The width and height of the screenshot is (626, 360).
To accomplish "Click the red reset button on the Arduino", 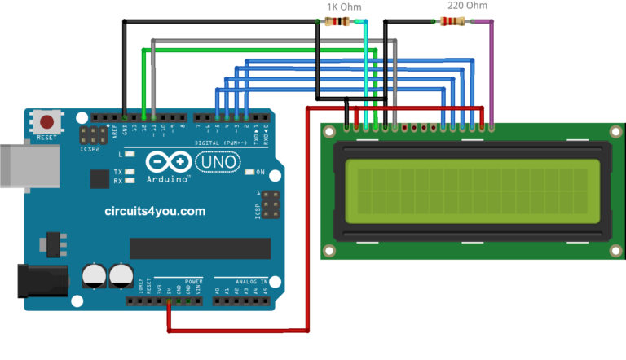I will (x=47, y=123).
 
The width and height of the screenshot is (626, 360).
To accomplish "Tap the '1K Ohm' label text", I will (x=343, y=7).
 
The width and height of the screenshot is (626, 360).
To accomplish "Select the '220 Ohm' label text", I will (x=467, y=6).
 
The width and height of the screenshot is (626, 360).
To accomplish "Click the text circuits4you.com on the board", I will (x=155, y=211).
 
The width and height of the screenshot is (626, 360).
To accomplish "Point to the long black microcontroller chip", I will (x=200, y=248).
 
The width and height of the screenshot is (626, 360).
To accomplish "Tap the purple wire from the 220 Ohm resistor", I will (x=492, y=73).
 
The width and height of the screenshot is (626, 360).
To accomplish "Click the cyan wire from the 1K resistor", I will (x=366, y=73).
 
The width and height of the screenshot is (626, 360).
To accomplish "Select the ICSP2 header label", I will (x=90, y=150).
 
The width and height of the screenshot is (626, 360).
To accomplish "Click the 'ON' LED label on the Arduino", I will (x=261, y=172).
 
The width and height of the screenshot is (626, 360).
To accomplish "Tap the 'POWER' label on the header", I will (x=193, y=282).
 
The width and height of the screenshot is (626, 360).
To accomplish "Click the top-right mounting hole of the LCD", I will (x=614, y=130).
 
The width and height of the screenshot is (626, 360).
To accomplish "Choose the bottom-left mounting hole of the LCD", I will (x=329, y=250).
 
